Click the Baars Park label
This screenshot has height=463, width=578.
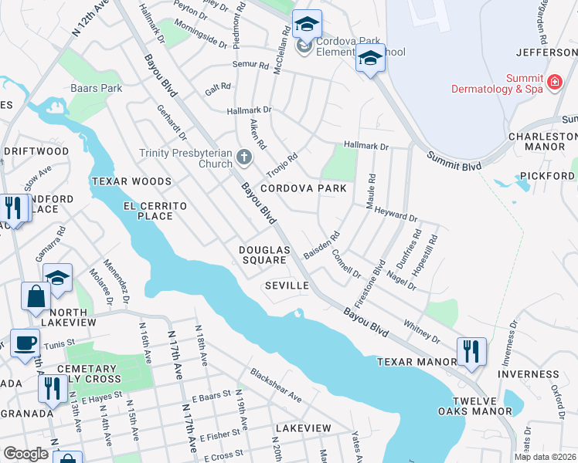97,88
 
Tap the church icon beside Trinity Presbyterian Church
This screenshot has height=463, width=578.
244,158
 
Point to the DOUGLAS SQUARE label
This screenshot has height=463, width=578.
264,255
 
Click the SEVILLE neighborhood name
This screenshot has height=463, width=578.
287,286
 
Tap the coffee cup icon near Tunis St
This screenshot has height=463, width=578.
24,343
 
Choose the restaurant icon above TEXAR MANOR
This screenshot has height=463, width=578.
471,351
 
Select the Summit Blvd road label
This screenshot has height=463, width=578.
454,161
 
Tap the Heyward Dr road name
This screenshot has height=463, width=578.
396,218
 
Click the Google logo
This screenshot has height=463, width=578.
25,454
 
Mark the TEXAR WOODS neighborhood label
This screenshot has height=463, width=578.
131,181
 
